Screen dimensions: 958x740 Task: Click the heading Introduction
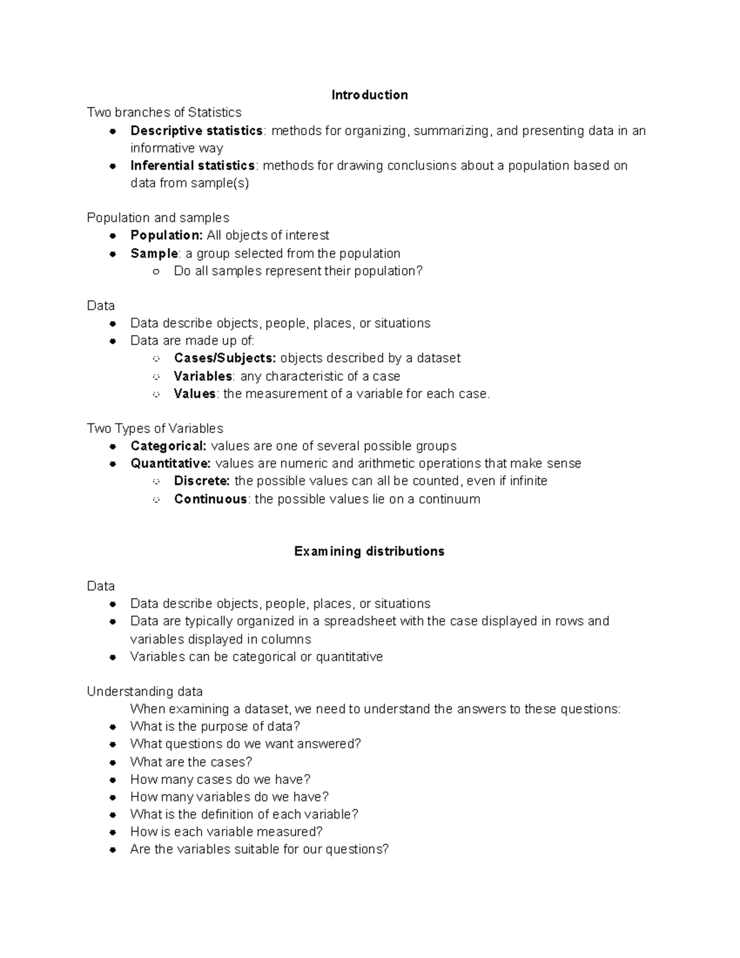click(369, 95)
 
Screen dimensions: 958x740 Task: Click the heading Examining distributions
click(369, 551)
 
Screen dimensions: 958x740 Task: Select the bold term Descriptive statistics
click(196, 131)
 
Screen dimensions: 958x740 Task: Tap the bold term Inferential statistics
click(192, 166)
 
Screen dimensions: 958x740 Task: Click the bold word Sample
click(154, 254)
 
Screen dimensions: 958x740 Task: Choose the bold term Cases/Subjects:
click(224, 358)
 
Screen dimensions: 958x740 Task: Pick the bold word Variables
click(203, 376)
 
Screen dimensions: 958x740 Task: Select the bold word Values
click(195, 394)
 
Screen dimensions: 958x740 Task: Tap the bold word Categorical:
click(168, 446)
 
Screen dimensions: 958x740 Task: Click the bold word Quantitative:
click(170, 463)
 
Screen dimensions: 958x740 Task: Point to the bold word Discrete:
click(202, 481)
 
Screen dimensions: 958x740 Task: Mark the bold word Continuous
click(210, 499)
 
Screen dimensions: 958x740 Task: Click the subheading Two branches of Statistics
click(164, 113)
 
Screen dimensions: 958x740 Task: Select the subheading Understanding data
click(145, 692)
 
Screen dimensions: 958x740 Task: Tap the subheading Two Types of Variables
click(155, 429)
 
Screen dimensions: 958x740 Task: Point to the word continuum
click(449, 499)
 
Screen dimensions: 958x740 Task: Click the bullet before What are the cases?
click(113, 763)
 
